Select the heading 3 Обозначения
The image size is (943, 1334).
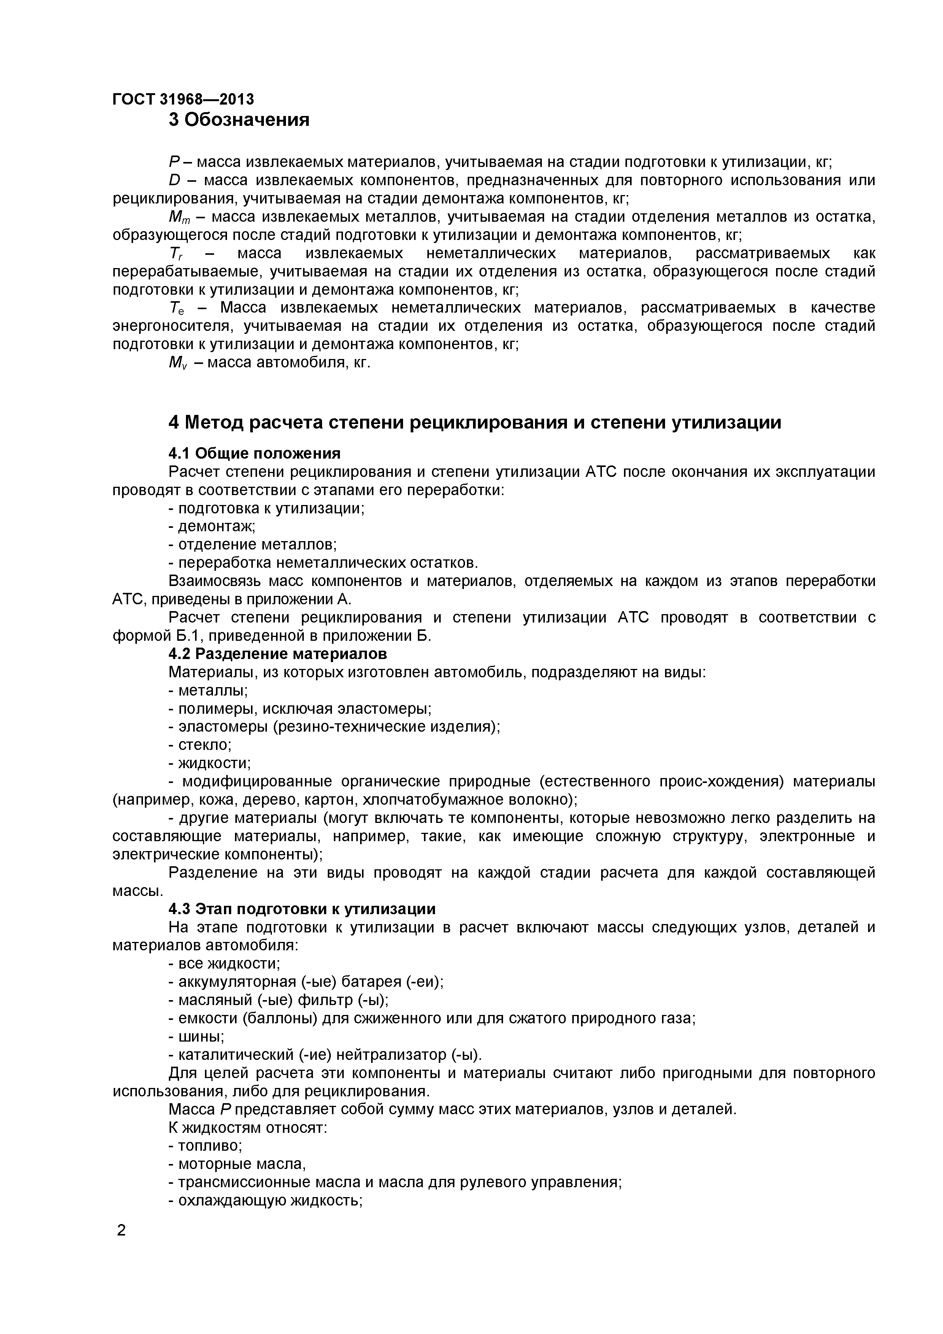239,120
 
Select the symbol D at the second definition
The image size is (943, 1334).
174,181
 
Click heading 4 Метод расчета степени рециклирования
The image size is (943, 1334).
474,422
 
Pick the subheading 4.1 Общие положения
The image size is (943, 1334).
254,453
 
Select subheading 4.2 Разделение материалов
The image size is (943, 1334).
278,654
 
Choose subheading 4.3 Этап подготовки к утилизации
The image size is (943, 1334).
302,909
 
